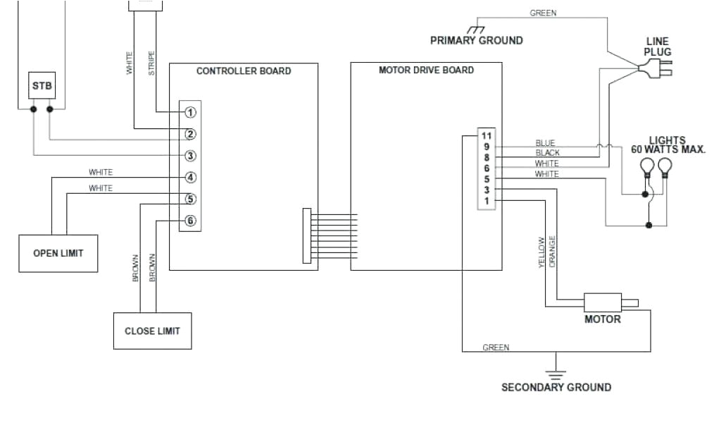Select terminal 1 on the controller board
coord(190,112)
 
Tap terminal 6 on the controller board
coord(190,221)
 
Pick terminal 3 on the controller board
coord(190,156)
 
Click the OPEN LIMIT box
coord(58,253)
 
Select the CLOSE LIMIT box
coord(152,331)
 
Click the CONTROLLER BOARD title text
coord(243,71)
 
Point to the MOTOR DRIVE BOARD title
coord(426,70)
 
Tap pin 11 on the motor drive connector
coord(486,135)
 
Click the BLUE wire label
coord(545,143)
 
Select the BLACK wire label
coord(547,153)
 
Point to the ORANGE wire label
coord(553,251)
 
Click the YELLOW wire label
coord(541,252)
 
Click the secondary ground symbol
coord(556,374)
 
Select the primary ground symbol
coord(477,30)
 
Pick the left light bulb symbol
coord(646,168)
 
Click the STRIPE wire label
coord(152,63)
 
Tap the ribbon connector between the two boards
coord(307,235)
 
